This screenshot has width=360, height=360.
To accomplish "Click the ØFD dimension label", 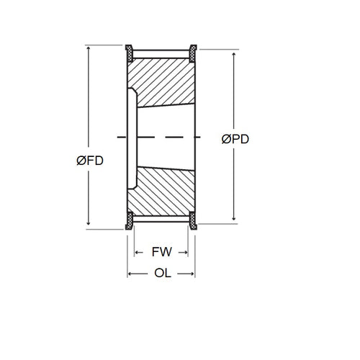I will click(x=89, y=161).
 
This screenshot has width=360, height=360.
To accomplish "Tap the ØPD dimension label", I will click(x=235, y=140).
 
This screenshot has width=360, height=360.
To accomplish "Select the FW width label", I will click(x=161, y=252).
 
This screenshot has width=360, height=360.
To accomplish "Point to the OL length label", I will click(x=161, y=273).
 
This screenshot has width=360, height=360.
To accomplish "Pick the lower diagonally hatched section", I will click(x=162, y=192).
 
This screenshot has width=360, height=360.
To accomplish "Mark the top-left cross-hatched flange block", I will click(x=130, y=52).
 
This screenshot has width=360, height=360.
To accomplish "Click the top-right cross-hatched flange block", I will click(x=193, y=52).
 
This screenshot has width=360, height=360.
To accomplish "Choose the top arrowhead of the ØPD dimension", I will click(x=235, y=54).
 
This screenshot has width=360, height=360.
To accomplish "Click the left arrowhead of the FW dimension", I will click(x=138, y=253).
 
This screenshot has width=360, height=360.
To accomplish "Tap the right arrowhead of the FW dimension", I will click(x=186, y=253).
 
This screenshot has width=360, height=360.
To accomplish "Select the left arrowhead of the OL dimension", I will click(x=130, y=274).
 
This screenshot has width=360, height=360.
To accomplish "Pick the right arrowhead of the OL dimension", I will click(x=192, y=274).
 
